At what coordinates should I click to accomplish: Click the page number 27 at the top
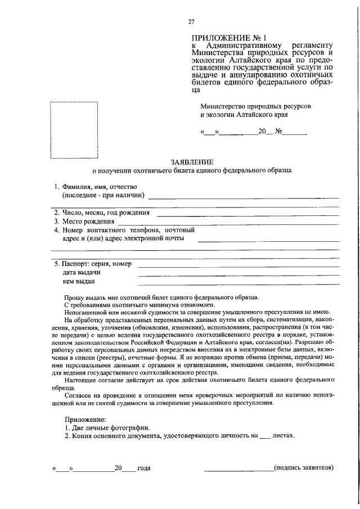point(191,22)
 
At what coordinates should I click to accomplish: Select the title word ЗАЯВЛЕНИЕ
point(192,162)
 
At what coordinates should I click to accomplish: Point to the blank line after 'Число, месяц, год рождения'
point(247,215)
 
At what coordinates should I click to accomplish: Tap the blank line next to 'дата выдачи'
point(238,274)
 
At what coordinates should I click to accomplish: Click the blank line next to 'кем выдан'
point(238,283)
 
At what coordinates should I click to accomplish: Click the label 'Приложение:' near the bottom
point(84,420)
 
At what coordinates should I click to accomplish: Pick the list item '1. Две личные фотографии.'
point(107,428)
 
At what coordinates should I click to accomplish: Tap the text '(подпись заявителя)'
point(304,467)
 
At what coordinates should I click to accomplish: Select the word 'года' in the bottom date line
point(143,468)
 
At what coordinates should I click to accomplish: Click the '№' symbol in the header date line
point(278,134)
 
